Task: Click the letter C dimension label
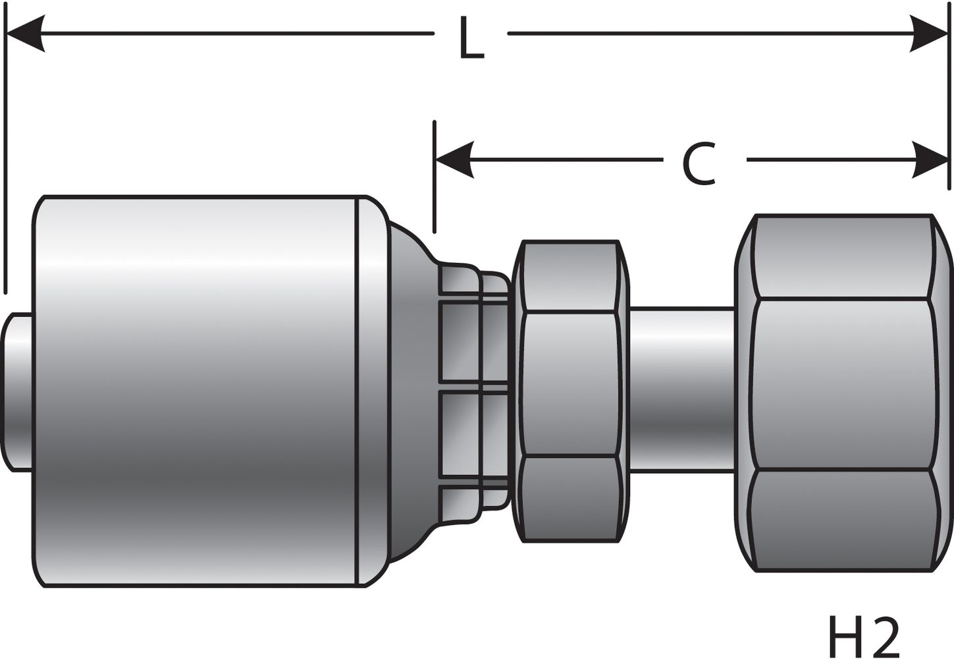(699, 163)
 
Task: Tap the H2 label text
(862, 638)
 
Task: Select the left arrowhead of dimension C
(454, 159)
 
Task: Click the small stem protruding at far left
(18, 393)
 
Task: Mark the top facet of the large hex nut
(843, 257)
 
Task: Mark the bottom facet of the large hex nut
(843, 520)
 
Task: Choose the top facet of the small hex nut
(570, 277)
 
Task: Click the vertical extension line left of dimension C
(434, 178)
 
